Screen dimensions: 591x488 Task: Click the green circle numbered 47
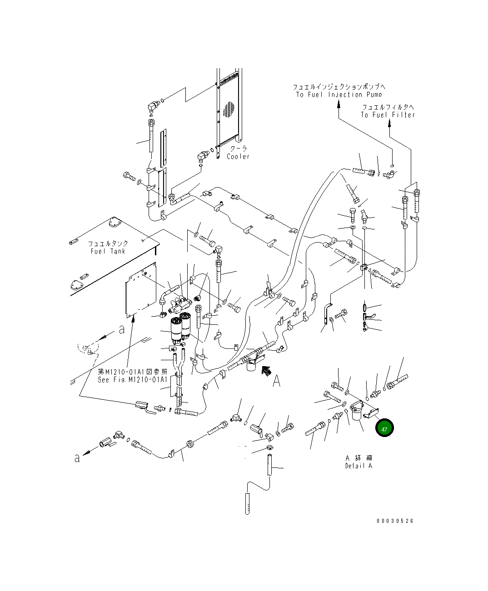[x=384, y=429]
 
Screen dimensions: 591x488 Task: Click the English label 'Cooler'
[x=238, y=157]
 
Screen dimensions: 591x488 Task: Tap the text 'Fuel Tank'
[x=108, y=251]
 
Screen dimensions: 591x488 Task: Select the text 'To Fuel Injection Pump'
[x=339, y=94]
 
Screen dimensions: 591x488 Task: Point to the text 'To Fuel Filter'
[x=388, y=115]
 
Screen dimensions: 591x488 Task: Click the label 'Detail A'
[x=359, y=466]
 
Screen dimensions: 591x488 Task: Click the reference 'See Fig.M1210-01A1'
[x=133, y=380]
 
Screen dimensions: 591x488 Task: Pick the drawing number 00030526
[x=395, y=521]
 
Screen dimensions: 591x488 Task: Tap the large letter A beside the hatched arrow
[x=276, y=382]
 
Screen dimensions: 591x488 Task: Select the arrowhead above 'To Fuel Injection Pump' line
[x=339, y=104]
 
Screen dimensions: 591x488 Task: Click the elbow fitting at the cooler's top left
[x=153, y=107]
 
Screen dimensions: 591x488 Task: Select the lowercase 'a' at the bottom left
[x=77, y=458]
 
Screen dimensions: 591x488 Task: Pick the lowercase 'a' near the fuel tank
[x=121, y=330]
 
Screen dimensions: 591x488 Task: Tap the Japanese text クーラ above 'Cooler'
[x=238, y=149]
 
